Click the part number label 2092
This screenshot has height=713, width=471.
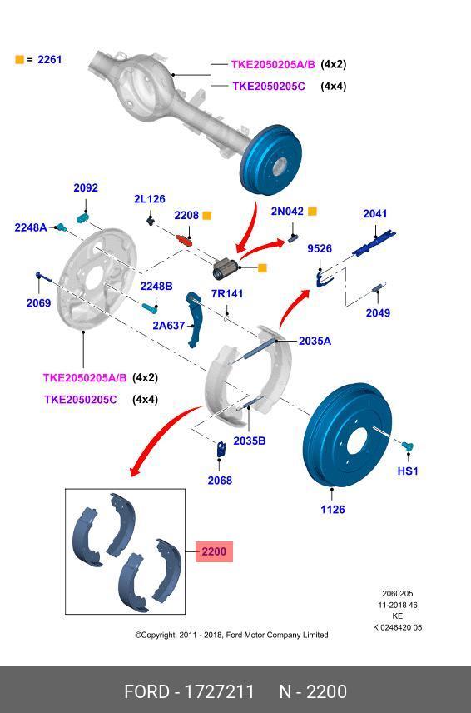coord(86,188)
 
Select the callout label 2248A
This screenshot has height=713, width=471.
coord(31,227)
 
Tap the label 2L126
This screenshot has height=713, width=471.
coord(150,199)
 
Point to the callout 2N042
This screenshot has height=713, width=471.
coord(287,212)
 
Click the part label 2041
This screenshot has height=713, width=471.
coord(375,214)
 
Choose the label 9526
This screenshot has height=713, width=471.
coord(320,248)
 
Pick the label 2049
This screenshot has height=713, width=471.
coord(378,313)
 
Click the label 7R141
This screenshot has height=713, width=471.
coord(227,294)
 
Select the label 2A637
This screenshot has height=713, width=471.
coord(169,326)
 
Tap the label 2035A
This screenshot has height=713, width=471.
coord(315,341)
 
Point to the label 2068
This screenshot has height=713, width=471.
coord(220,481)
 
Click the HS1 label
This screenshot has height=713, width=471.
coord(408,471)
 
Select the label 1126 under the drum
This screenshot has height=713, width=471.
coord(333,510)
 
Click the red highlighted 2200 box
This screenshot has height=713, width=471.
coord(214,551)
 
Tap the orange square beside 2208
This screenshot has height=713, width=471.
coord(207,216)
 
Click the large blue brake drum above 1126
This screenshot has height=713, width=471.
coord(350,433)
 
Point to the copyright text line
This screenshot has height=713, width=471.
coord(231,635)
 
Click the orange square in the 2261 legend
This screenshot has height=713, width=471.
coord(19,60)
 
